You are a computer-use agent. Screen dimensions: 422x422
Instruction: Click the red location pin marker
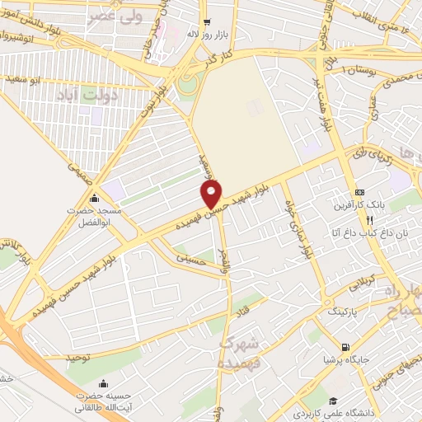(x=213, y=195)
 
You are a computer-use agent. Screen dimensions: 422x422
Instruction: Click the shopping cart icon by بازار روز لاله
(x=205, y=22)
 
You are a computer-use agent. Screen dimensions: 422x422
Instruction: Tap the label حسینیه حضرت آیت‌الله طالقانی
(x=103, y=401)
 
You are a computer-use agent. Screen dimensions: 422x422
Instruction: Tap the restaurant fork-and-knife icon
(x=370, y=220)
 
